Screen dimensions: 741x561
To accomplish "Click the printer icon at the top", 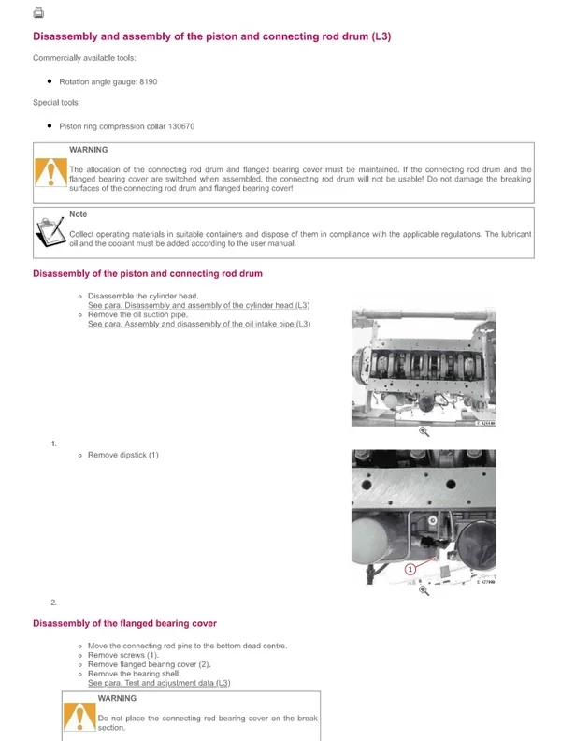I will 38,13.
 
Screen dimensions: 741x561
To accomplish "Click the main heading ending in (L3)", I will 211,36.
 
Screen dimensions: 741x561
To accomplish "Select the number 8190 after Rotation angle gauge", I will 148,82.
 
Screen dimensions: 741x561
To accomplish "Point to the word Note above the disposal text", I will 78,214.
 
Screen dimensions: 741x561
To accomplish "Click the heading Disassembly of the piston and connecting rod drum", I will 148,273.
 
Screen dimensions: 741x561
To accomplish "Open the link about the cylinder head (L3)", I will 198,305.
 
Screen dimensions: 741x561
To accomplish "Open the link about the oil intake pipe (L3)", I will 198,324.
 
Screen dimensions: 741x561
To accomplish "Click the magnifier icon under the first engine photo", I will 424,431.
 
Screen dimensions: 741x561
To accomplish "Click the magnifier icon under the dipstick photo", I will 424,590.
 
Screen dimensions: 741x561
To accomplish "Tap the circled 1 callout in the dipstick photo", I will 410,568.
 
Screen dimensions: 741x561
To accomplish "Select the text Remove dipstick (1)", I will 123,455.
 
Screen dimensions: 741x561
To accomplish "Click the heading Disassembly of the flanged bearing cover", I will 124,623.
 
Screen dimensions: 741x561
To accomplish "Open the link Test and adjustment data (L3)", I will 158,683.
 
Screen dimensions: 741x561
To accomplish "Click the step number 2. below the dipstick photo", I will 53,602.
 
